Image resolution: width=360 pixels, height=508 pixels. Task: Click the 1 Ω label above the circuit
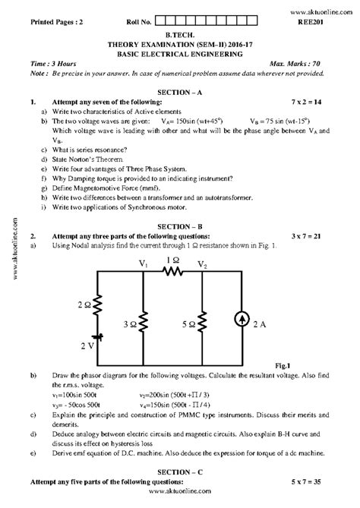173,259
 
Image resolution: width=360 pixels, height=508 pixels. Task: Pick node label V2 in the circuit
202,265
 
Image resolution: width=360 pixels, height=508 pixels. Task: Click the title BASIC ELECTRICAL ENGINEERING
180,53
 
